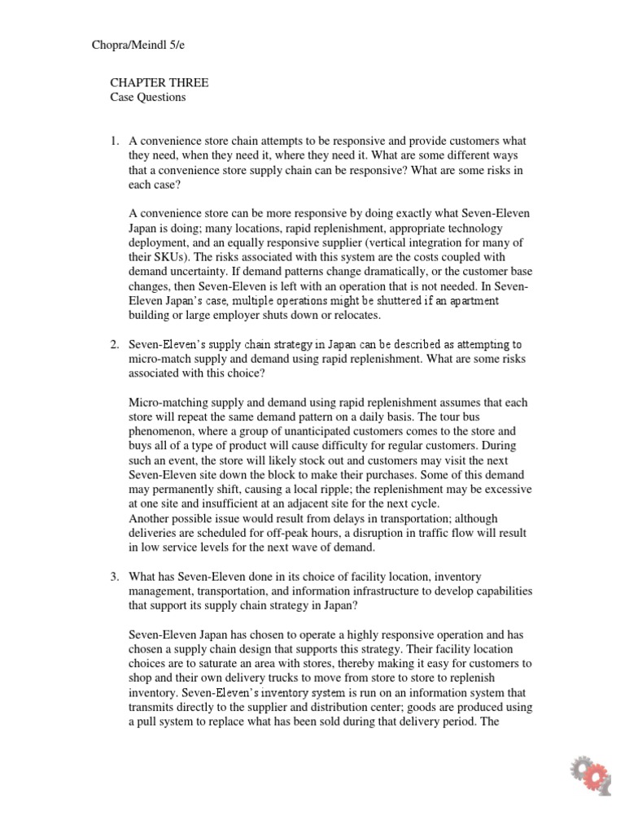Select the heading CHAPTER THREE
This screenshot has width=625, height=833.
pos(159,83)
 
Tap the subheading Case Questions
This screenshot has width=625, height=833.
pos(148,98)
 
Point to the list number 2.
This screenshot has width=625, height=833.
pos(115,345)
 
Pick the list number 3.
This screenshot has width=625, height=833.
pos(115,577)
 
